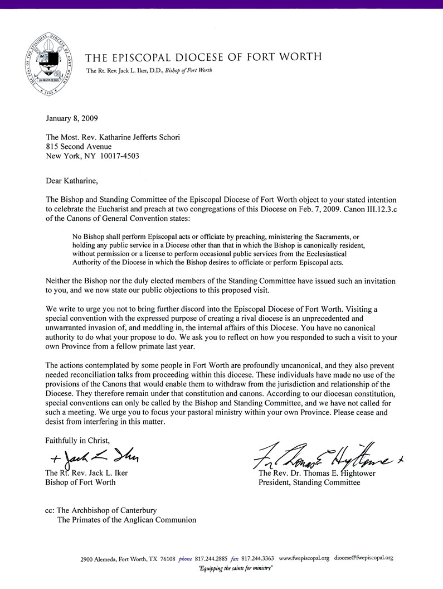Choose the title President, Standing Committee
click(x=309, y=482)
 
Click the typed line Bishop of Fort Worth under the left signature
click(x=80, y=482)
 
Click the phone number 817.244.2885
click(x=213, y=558)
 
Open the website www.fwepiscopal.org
click(x=304, y=558)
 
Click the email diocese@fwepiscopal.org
click(x=364, y=558)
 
